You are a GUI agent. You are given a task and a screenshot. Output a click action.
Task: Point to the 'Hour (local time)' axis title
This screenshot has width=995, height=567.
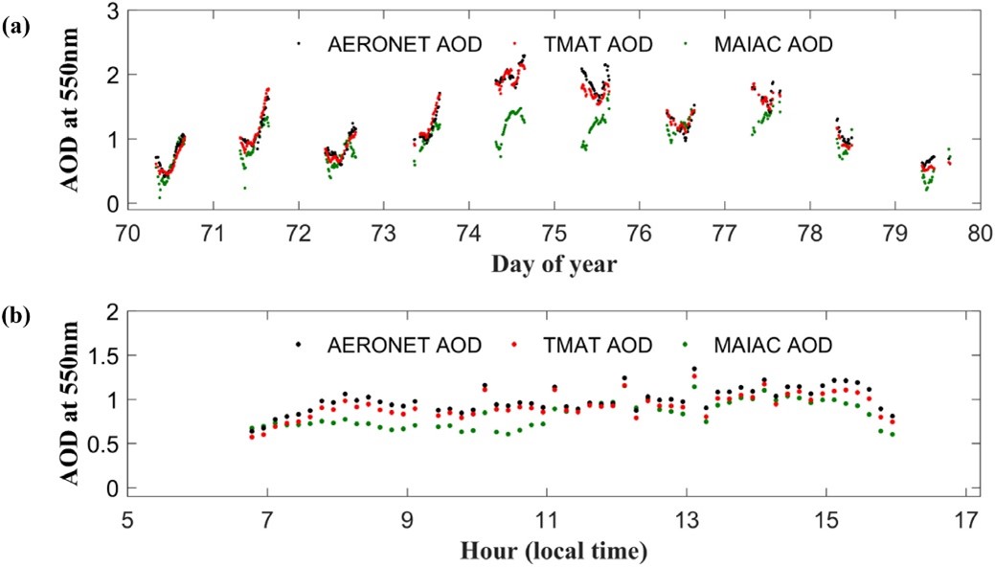tap(547, 552)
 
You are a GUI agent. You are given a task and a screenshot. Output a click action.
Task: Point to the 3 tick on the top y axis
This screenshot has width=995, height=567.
tap(113, 11)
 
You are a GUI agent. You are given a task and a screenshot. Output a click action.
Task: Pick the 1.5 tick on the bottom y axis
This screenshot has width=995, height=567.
tap(104, 355)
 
